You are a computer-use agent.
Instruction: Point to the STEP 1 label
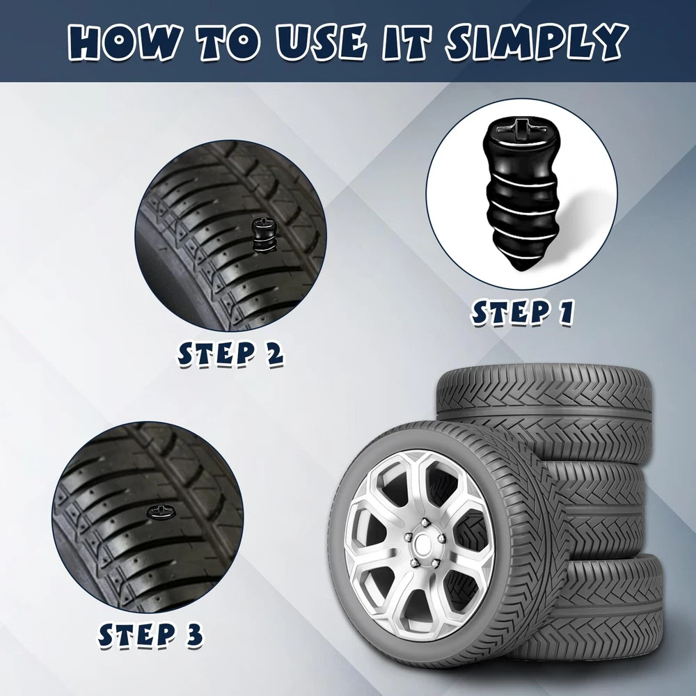pyautogui.click(x=523, y=313)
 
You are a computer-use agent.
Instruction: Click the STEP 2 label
pyautogui.click(x=230, y=354)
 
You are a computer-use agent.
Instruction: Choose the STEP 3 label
pyautogui.click(x=150, y=635)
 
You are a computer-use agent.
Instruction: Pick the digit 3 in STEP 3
pyautogui.click(x=193, y=635)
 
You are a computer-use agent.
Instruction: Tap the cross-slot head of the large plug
pyautogui.click(x=521, y=128)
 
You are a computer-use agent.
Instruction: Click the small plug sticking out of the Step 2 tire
pyautogui.click(x=261, y=236)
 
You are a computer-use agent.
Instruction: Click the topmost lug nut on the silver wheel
pyautogui.click(x=425, y=522)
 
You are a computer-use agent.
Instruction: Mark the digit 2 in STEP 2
pyautogui.click(x=274, y=354)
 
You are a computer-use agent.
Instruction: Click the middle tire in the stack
pyautogui.click(x=599, y=510)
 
